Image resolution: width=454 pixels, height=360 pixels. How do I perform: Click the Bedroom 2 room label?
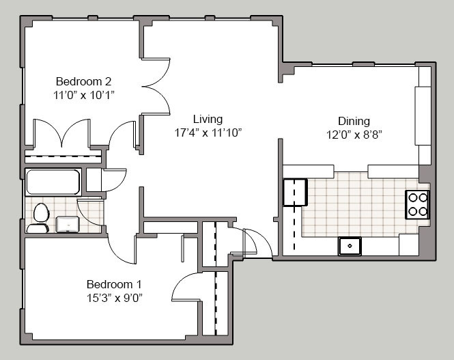[83, 81]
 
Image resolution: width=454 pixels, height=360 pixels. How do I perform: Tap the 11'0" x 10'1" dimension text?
[84, 95]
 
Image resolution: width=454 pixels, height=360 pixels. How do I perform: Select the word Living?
[208, 119]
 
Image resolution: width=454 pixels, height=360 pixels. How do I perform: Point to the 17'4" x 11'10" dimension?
[208, 133]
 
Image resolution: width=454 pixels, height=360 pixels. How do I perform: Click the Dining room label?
[354, 121]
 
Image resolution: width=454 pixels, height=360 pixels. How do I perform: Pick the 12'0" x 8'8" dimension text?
[354, 135]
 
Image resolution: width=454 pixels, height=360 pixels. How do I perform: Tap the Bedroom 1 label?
[114, 284]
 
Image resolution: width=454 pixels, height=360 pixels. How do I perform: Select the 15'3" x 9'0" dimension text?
[115, 298]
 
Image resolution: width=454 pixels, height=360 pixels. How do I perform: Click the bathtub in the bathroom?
[53, 182]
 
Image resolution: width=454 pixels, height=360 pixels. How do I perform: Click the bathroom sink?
[68, 224]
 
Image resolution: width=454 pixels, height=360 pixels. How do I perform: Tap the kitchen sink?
[350, 246]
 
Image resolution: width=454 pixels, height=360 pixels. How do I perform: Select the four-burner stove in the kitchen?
[417, 204]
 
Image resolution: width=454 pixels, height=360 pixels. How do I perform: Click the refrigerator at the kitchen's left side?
[295, 193]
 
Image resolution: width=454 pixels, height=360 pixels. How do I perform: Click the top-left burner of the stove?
[412, 198]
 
